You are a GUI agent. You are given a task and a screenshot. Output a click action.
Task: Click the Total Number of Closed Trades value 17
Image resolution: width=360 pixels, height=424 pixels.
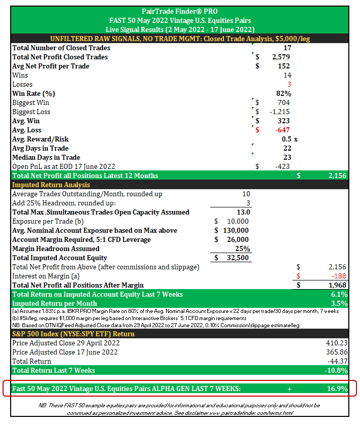point(286,48)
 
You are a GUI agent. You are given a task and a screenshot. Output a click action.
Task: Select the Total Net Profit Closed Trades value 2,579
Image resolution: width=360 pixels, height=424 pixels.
point(281,57)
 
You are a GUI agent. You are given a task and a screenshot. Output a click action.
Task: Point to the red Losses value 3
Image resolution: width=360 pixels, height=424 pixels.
point(289,85)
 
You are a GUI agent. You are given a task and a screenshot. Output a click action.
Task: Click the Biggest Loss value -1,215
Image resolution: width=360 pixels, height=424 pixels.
point(280,112)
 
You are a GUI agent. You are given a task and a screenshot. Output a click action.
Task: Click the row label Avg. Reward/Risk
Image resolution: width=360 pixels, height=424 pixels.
point(40,139)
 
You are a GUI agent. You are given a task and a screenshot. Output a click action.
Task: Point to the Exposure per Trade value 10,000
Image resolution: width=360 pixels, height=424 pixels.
point(237,222)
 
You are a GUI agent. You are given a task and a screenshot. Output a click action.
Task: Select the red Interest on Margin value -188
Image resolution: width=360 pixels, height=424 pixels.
point(339,276)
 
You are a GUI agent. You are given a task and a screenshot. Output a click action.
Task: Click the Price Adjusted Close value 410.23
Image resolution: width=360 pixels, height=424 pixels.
point(337,343)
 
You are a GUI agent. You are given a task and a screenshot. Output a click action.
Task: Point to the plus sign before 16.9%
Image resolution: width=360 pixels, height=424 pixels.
point(289,389)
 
